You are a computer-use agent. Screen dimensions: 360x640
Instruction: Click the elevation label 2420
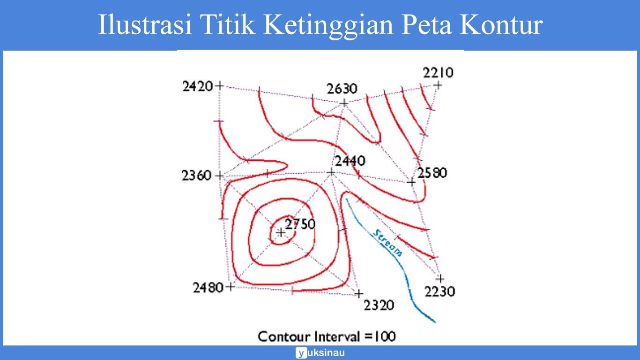click(x=198, y=86)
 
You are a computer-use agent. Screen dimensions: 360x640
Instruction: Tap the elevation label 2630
click(x=342, y=89)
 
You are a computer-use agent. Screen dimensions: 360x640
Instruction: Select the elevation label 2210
click(x=438, y=73)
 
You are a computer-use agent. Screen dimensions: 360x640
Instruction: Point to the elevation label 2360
click(x=197, y=176)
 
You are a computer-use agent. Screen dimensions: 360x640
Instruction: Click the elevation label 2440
click(x=350, y=161)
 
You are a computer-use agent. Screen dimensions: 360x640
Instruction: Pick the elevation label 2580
click(x=432, y=172)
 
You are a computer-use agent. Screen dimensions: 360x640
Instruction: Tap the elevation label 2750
click(x=301, y=224)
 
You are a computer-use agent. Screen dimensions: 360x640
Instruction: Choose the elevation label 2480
click(x=208, y=287)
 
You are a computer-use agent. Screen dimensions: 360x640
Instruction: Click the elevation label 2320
click(x=379, y=306)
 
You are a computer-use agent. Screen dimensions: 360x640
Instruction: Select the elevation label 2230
click(x=440, y=292)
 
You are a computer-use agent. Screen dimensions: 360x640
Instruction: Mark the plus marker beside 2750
click(x=281, y=232)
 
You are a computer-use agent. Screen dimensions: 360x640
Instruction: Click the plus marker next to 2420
click(x=219, y=86)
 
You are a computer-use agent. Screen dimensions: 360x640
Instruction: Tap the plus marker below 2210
click(x=438, y=85)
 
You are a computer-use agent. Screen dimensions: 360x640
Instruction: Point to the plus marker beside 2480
click(x=230, y=286)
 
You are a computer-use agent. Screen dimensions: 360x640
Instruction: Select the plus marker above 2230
click(x=439, y=279)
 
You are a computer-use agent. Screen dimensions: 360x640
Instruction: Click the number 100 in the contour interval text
click(x=385, y=337)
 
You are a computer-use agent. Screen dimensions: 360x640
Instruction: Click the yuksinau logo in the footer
click(x=320, y=353)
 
